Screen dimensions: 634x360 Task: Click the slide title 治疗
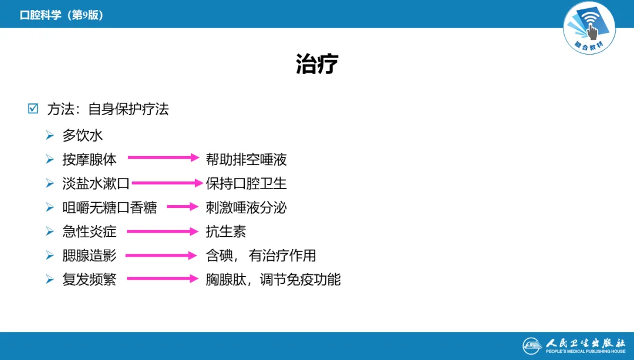317,64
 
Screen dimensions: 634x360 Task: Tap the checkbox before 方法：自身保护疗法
33,109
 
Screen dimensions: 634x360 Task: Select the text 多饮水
83,135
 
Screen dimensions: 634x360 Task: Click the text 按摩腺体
89,159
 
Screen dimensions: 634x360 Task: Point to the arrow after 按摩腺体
164,157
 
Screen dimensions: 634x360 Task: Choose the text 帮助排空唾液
246,159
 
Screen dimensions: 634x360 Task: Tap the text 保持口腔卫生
246,183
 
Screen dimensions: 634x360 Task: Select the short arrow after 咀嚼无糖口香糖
183,207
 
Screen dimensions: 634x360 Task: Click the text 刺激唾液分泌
246,207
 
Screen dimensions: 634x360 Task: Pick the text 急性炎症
89,231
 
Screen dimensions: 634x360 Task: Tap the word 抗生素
226,231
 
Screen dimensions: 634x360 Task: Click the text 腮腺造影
89,255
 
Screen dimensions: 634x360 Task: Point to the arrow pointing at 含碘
161,255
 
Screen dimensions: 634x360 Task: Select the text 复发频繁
89,280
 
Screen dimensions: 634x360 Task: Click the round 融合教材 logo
589,28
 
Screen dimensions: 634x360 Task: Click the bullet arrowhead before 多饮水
50,136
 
